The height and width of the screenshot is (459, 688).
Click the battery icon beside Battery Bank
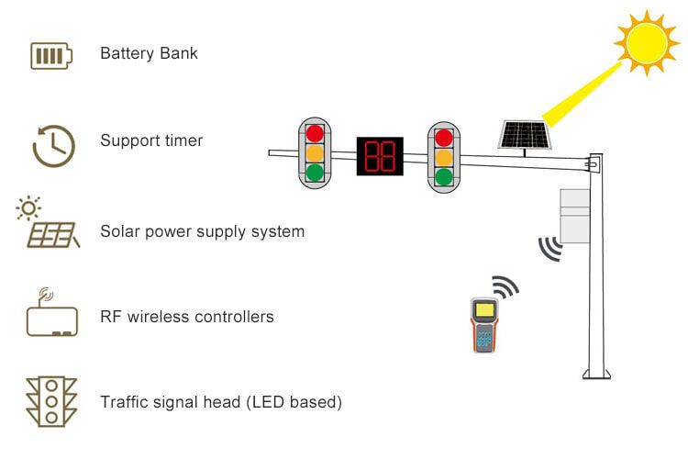50,55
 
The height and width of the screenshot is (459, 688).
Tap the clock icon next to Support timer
53,144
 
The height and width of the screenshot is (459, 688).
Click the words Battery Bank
149,53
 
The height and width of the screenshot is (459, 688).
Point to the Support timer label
151,141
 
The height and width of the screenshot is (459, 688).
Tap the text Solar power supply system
202,231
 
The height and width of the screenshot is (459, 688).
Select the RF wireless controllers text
187,317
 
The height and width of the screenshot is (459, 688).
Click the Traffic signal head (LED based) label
221,402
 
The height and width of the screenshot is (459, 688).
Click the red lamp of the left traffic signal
315,133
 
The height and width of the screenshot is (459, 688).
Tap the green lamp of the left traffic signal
315,172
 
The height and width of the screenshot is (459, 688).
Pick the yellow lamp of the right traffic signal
444,157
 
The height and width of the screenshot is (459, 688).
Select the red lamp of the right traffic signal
444,138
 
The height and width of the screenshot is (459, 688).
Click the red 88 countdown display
379,156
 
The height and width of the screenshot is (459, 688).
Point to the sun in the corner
648,42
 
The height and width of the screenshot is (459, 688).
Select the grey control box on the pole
574,216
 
